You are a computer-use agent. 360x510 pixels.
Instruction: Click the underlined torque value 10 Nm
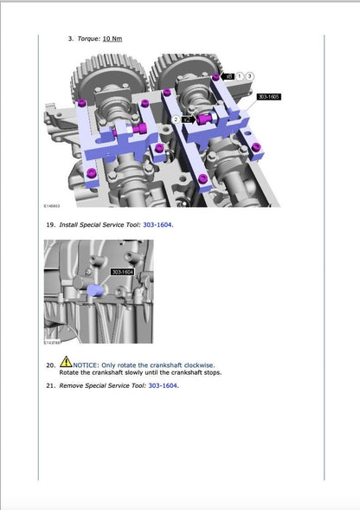point(112,39)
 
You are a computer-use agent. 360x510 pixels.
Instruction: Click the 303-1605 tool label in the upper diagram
point(268,97)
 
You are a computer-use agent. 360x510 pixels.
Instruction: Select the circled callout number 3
point(249,77)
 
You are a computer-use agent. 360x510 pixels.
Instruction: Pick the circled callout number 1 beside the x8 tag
point(240,77)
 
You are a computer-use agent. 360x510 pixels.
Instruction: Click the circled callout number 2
point(176,119)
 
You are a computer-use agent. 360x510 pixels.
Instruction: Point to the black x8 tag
point(228,77)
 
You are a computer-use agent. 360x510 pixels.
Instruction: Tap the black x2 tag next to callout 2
point(188,119)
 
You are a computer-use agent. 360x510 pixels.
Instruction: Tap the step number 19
point(50,225)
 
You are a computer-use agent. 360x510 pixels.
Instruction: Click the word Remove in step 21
point(71,385)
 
